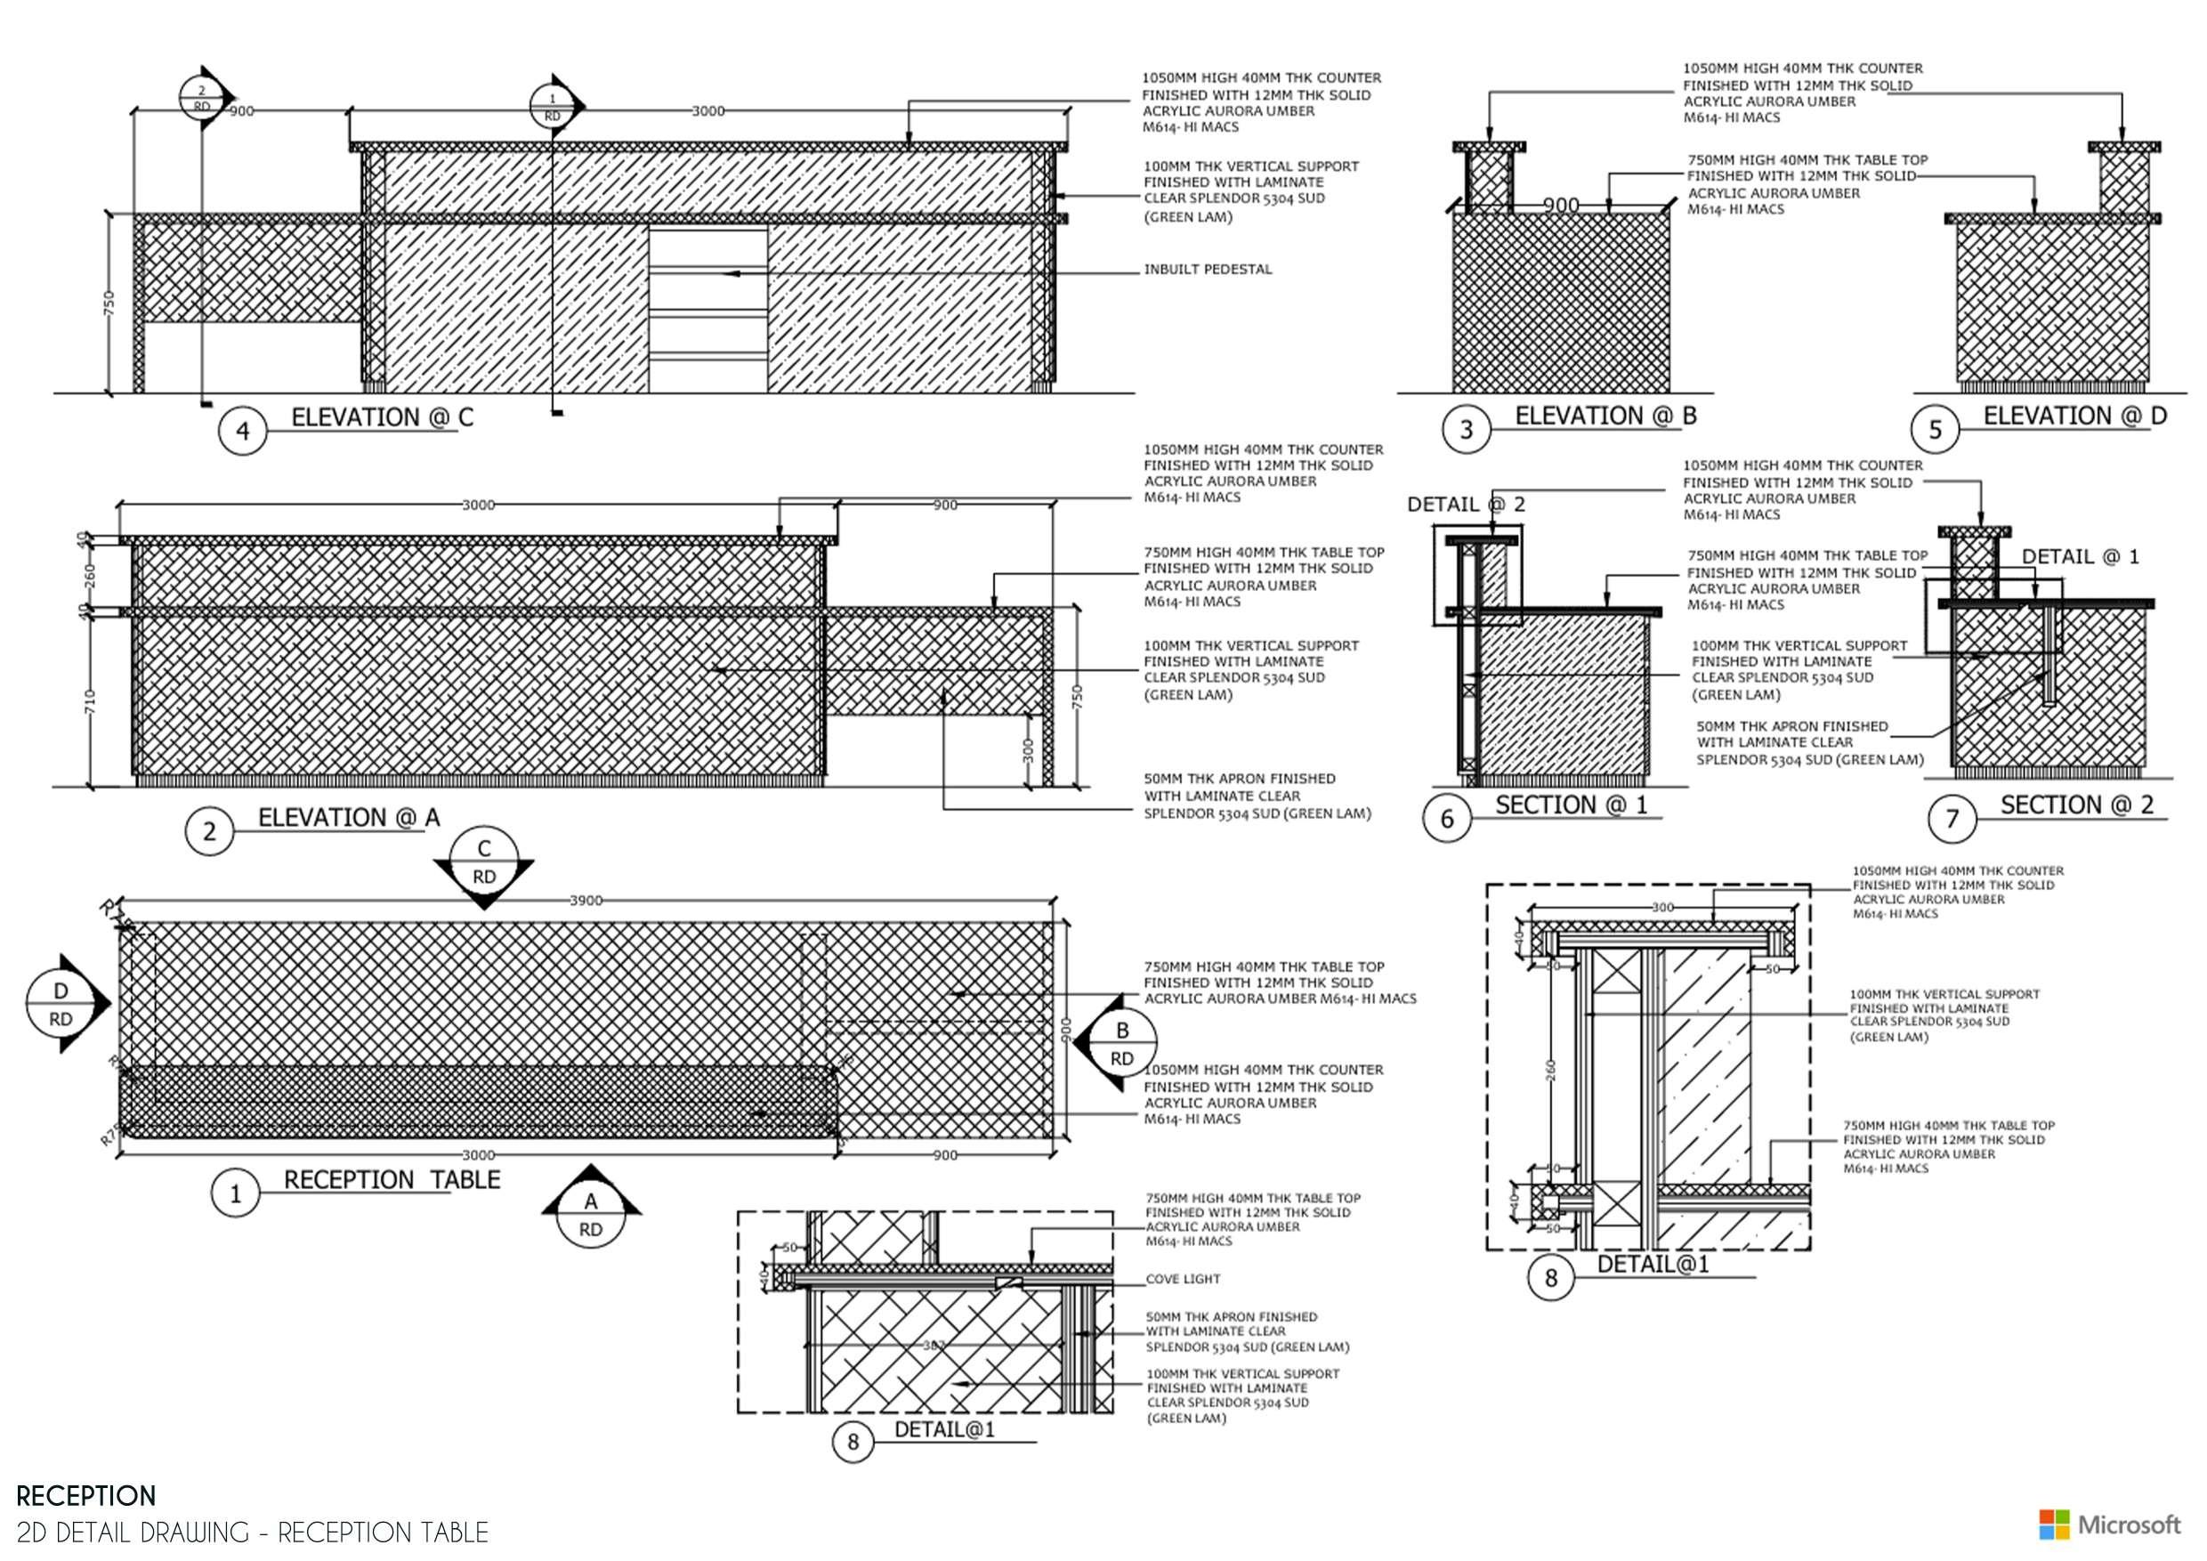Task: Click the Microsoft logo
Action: coord(2109,1525)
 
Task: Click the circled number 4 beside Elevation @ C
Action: coord(242,431)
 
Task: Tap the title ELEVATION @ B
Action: coord(1605,417)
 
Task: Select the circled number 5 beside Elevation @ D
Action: coord(1935,430)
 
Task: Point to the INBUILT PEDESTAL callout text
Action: coord(1208,269)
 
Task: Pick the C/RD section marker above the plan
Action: coord(483,863)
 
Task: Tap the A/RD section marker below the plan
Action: coord(590,1213)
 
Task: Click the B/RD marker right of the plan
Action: coord(1120,1044)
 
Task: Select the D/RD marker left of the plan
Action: coord(61,1005)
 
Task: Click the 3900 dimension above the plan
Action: coord(586,901)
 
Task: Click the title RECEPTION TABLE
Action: coord(392,1179)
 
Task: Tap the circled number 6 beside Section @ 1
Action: coord(1447,818)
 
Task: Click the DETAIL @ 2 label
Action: coord(1465,505)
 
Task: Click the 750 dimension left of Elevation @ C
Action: coord(109,303)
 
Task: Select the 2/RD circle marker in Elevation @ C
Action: coord(202,98)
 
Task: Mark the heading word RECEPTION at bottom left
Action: coord(86,1496)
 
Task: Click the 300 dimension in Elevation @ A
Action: coord(1028,749)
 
